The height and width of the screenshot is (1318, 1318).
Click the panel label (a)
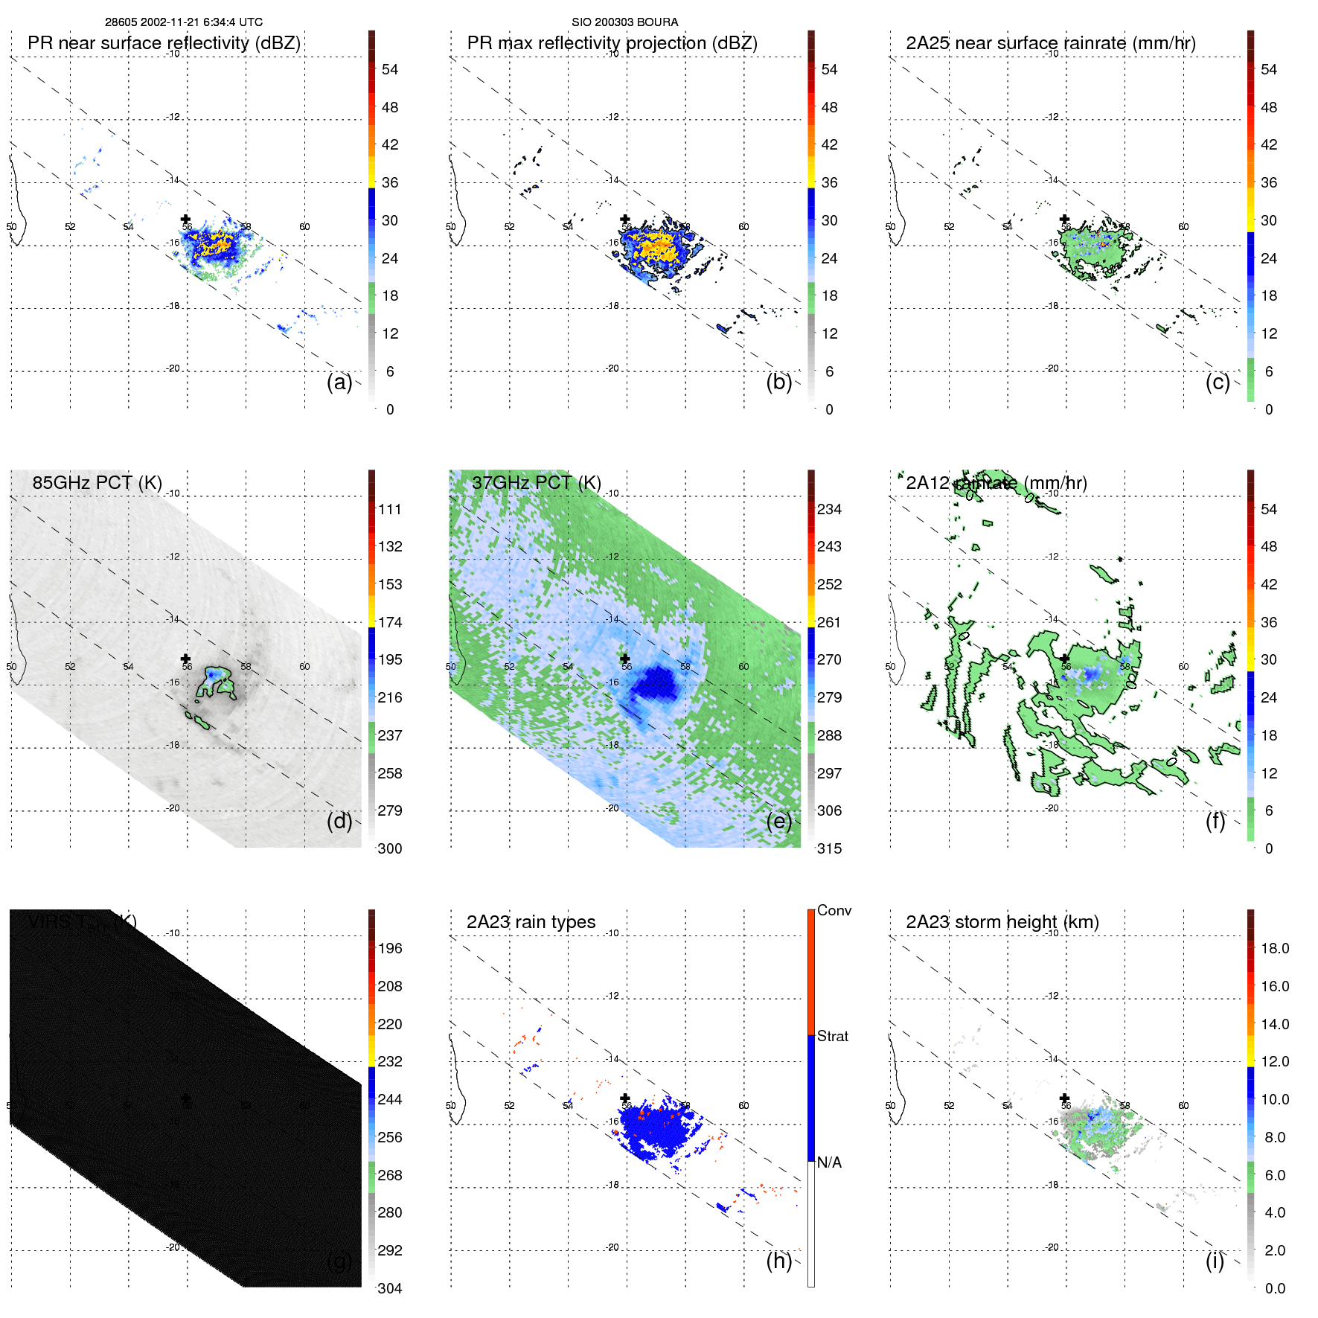[x=339, y=382]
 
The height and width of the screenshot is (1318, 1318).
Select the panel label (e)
[x=778, y=821]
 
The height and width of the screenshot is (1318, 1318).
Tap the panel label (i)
[x=1215, y=1261]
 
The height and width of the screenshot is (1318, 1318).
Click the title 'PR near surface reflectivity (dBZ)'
[x=164, y=43]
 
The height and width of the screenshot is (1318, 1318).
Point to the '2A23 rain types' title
[x=531, y=922]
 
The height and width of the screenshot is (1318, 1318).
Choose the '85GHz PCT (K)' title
[x=97, y=483]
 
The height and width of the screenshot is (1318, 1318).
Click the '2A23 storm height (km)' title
[x=1002, y=922]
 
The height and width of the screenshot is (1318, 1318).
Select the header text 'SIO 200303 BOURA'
[x=624, y=22]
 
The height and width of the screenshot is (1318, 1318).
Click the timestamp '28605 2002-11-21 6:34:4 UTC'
[x=183, y=22]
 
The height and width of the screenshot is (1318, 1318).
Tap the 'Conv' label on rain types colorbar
[x=834, y=910]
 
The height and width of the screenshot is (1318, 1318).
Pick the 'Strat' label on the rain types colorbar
[x=832, y=1036]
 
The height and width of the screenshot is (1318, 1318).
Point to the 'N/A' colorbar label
[x=829, y=1162]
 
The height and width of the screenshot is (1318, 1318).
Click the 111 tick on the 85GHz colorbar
[x=389, y=509]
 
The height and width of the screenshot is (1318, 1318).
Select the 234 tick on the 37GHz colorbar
[x=829, y=509]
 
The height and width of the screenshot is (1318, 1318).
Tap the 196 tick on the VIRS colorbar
[x=389, y=948]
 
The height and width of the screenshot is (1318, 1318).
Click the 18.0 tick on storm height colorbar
[x=1274, y=948]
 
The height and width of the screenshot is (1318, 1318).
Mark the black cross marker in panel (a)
[x=185, y=219]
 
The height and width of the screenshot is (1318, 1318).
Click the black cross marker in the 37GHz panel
[x=624, y=659]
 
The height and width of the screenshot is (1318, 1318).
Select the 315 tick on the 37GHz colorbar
[x=829, y=848]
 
